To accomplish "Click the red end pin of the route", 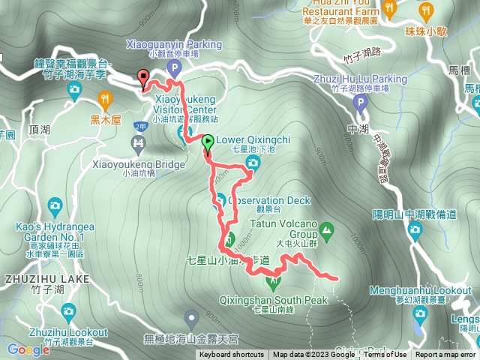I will coord(142,76).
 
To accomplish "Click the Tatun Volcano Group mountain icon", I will coord(326,229).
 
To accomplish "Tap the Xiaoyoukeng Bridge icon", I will coord(138,142).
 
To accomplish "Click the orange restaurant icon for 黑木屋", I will coord(105,98).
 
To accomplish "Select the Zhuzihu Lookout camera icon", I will coord(68,310).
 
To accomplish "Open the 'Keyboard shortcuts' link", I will coord(232,355).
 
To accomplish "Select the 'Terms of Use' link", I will coord(385,355).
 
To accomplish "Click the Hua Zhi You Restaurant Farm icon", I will coord(389,8).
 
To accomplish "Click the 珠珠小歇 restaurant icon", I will coord(426,9).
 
